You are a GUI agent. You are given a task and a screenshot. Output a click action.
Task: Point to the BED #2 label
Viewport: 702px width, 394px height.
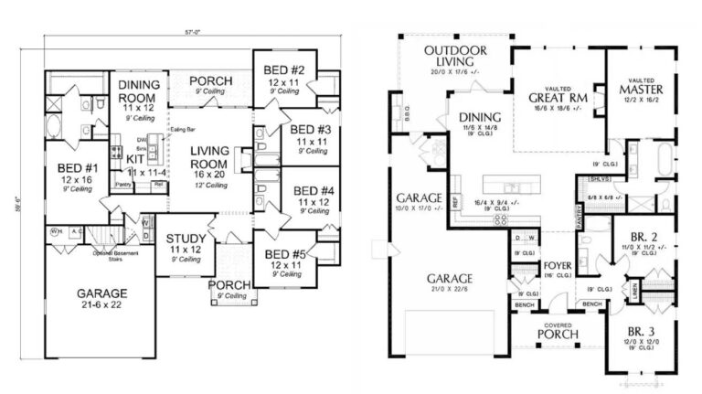click(283, 70)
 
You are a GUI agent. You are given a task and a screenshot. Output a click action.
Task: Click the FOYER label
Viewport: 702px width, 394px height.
click(557, 268)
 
